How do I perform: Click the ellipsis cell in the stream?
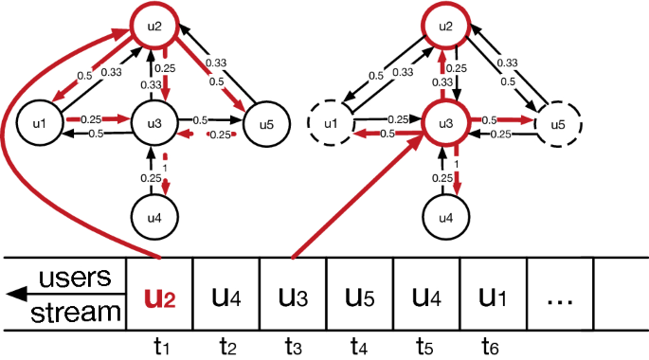pos(560,297)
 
